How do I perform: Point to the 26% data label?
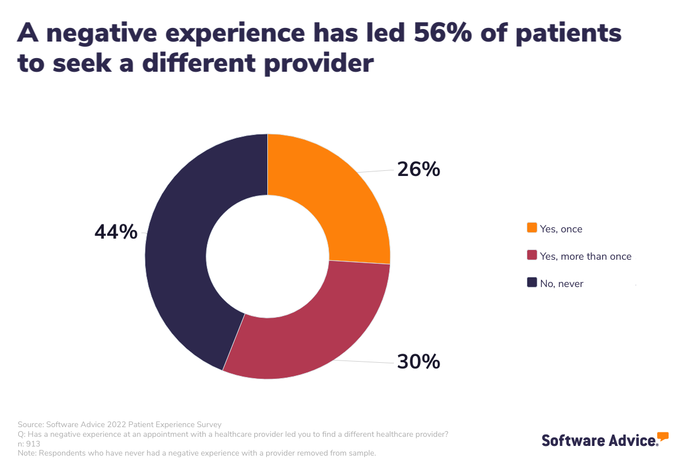(x=418, y=169)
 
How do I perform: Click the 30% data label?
(x=418, y=362)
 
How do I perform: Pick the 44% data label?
(x=116, y=232)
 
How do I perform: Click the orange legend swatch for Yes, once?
(x=532, y=228)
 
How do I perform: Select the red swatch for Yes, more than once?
(x=532, y=256)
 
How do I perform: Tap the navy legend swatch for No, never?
(x=532, y=282)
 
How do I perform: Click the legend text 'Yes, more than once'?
(x=585, y=256)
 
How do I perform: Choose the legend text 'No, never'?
(x=561, y=284)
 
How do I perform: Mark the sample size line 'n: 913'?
(x=29, y=444)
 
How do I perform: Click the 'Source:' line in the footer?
(x=120, y=424)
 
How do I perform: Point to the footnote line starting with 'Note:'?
(x=197, y=453)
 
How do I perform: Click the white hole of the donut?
(x=267, y=256)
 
